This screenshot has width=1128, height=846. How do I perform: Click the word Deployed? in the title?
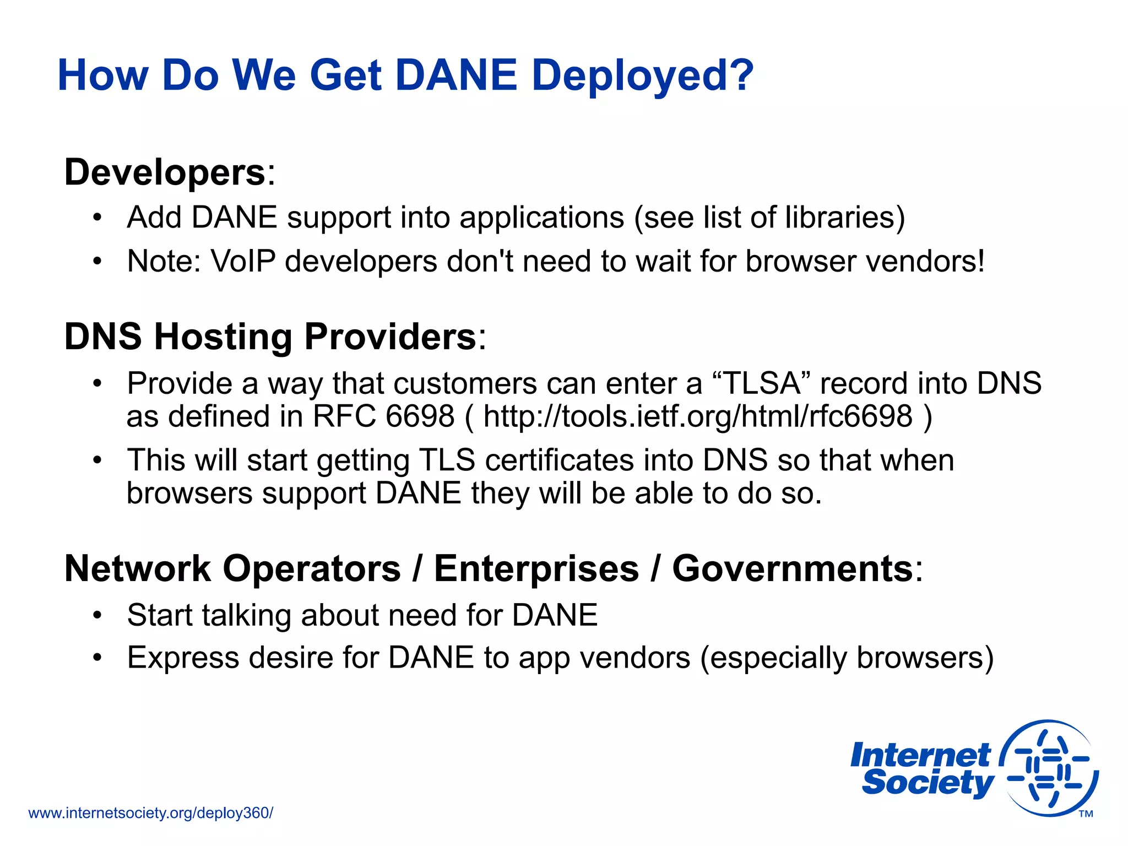click(642, 75)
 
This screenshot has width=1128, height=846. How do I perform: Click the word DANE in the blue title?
click(456, 75)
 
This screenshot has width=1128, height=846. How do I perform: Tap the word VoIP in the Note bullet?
click(243, 261)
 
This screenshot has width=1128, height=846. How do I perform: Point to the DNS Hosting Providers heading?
click(270, 337)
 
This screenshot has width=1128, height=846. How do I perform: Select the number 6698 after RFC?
click(420, 416)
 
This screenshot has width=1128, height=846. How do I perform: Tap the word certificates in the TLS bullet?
click(559, 460)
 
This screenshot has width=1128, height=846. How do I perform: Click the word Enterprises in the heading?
click(536, 568)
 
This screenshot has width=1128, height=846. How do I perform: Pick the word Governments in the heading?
click(793, 568)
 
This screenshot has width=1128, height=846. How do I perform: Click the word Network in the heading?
click(138, 568)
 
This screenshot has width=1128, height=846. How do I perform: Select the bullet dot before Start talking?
click(97, 615)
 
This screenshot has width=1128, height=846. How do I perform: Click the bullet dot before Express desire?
click(97, 658)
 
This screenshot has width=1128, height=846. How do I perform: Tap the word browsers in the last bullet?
click(919, 658)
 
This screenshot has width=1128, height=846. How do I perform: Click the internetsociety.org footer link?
click(150, 813)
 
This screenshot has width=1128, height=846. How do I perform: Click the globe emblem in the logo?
click(1049, 768)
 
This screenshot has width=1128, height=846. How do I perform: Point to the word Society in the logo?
click(928, 783)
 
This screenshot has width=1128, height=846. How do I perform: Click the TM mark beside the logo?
click(1086, 814)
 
